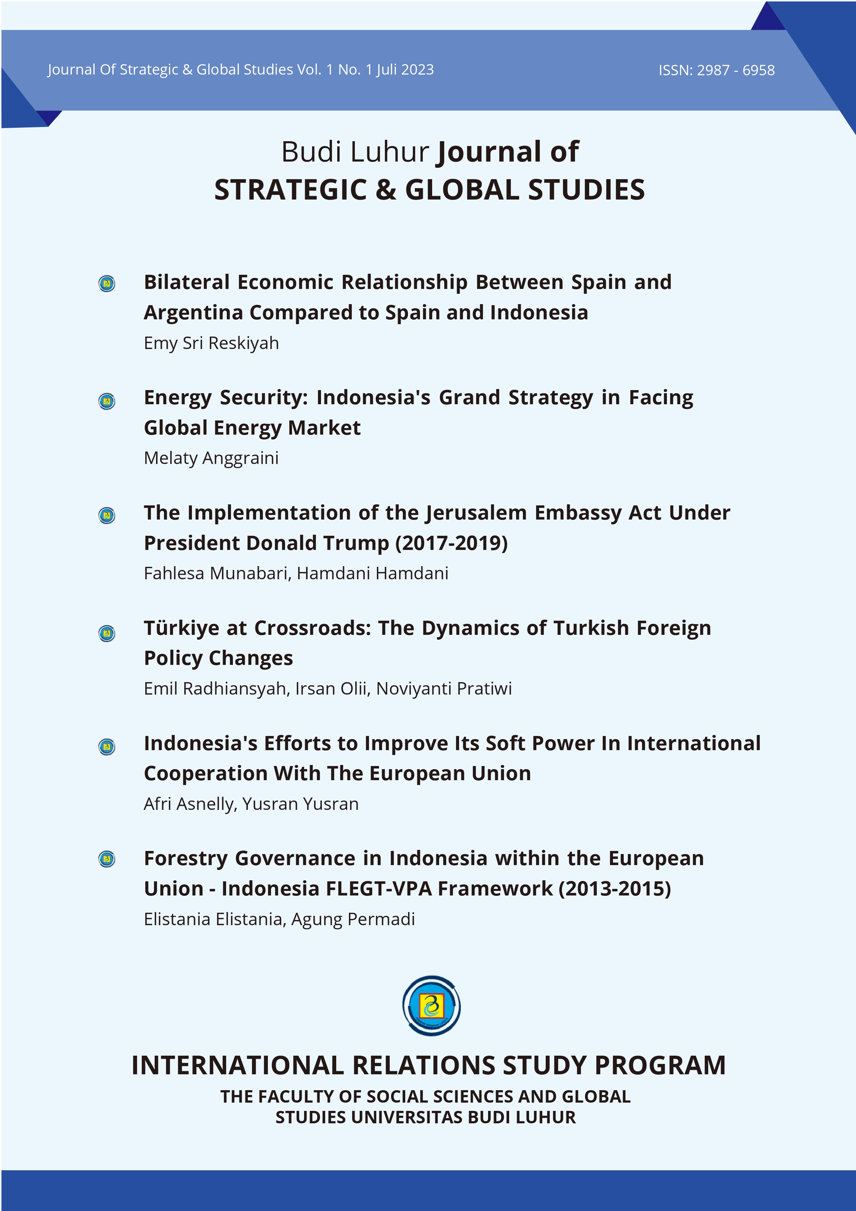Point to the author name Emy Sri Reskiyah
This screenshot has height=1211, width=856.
(211, 343)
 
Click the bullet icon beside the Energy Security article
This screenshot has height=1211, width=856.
(107, 401)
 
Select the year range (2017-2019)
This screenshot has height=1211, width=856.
(452, 543)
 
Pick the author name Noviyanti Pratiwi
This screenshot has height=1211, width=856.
(444, 689)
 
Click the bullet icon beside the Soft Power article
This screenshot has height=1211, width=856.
(107, 747)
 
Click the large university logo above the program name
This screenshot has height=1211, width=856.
(431, 1006)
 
